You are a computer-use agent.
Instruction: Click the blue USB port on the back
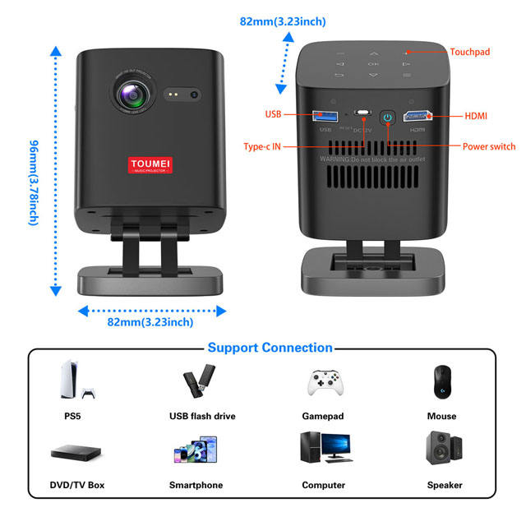tap(325, 115)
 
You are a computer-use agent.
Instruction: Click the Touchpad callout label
tap(469, 52)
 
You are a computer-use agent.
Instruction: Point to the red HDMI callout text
tap(476, 116)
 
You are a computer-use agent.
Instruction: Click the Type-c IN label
tap(262, 146)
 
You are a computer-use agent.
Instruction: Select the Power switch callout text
tap(489, 146)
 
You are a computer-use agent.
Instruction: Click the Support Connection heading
tap(270, 348)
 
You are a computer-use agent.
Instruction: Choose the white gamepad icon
tap(322, 383)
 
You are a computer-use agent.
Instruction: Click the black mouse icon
tap(441, 381)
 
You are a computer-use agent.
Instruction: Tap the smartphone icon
tap(196, 451)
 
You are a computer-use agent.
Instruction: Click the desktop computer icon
tap(323, 450)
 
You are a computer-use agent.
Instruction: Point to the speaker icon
tap(442, 450)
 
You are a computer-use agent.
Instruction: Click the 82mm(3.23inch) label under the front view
tap(150, 322)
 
